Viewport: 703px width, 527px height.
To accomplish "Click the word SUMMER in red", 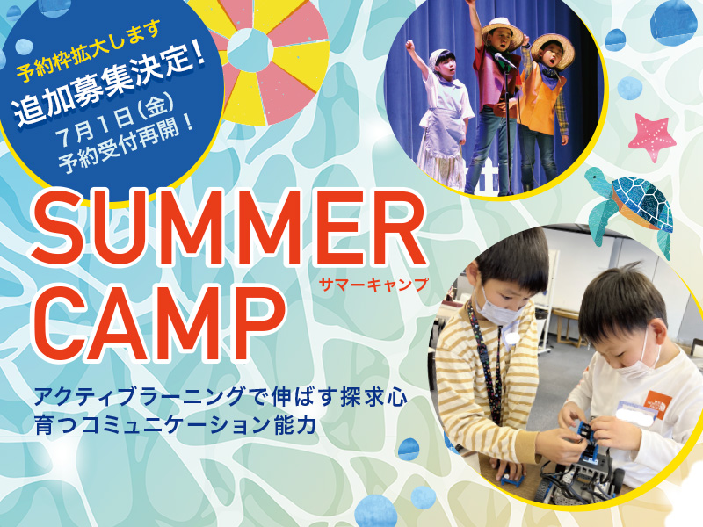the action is (228, 228).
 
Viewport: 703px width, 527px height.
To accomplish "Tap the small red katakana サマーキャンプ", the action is (373, 285).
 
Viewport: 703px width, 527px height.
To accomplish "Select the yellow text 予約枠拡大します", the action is (89, 52).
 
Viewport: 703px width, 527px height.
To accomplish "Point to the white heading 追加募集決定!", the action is (110, 85).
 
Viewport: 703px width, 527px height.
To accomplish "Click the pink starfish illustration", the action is (652, 137).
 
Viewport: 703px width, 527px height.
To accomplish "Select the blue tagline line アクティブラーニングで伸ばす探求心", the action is (221, 397).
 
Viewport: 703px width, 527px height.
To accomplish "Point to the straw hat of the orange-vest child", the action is (553, 48).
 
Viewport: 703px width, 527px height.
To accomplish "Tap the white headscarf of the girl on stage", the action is (442, 57).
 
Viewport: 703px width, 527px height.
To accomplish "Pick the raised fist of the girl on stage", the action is (409, 45).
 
